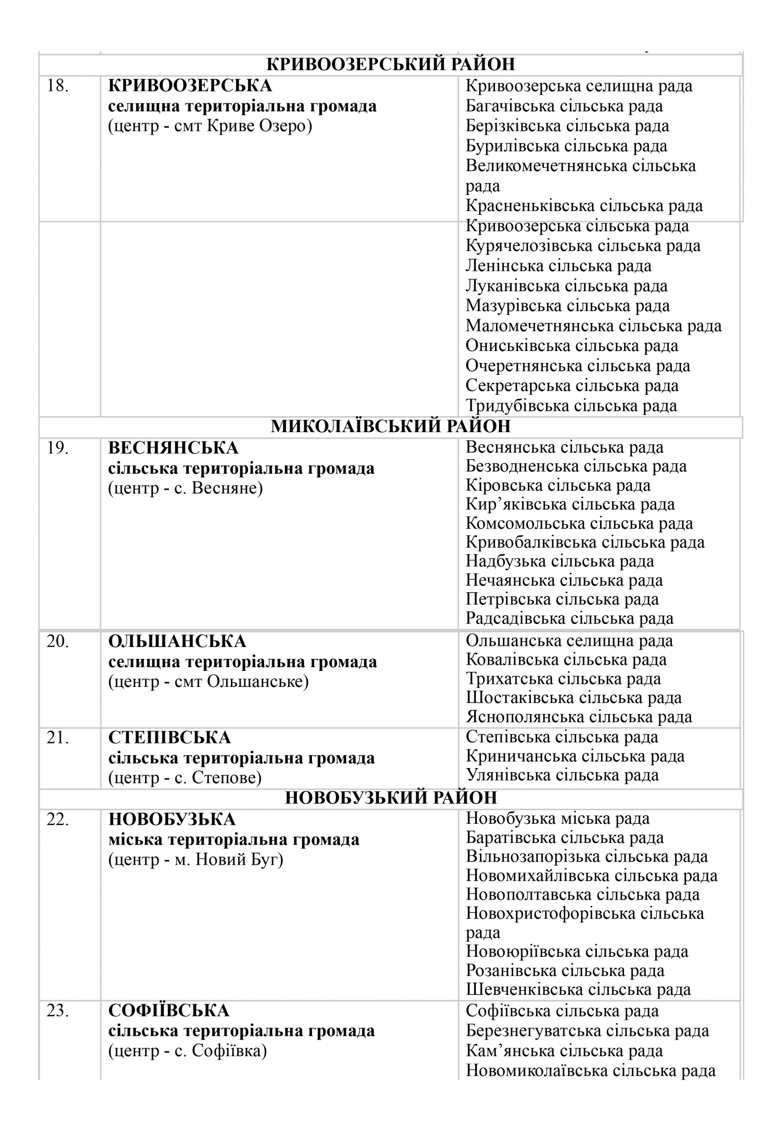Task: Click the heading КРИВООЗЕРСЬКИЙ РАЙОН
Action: (x=391, y=64)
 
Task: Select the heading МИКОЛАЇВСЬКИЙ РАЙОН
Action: (x=391, y=426)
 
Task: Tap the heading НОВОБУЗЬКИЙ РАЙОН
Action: (x=391, y=798)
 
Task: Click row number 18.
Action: (x=58, y=86)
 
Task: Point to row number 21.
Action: (x=58, y=737)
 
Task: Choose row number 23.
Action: (x=58, y=1010)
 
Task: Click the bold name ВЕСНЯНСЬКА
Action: (x=173, y=447)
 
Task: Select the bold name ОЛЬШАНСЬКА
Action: (x=177, y=641)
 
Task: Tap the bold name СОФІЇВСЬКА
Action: (x=168, y=1010)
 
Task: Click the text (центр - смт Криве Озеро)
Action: (x=210, y=126)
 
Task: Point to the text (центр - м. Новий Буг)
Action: (x=196, y=860)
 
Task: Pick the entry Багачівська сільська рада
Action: (x=564, y=106)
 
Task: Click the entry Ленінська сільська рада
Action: (x=558, y=266)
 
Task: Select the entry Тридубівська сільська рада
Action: (x=571, y=406)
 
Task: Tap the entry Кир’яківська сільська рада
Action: (x=570, y=504)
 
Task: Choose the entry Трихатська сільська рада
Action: (x=564, y=679)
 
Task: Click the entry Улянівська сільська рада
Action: (x=562, y=775)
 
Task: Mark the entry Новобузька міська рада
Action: (x=557, y=819)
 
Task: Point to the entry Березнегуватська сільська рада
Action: (x=587, y=1030)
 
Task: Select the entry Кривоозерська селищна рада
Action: (x=579, y=86)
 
